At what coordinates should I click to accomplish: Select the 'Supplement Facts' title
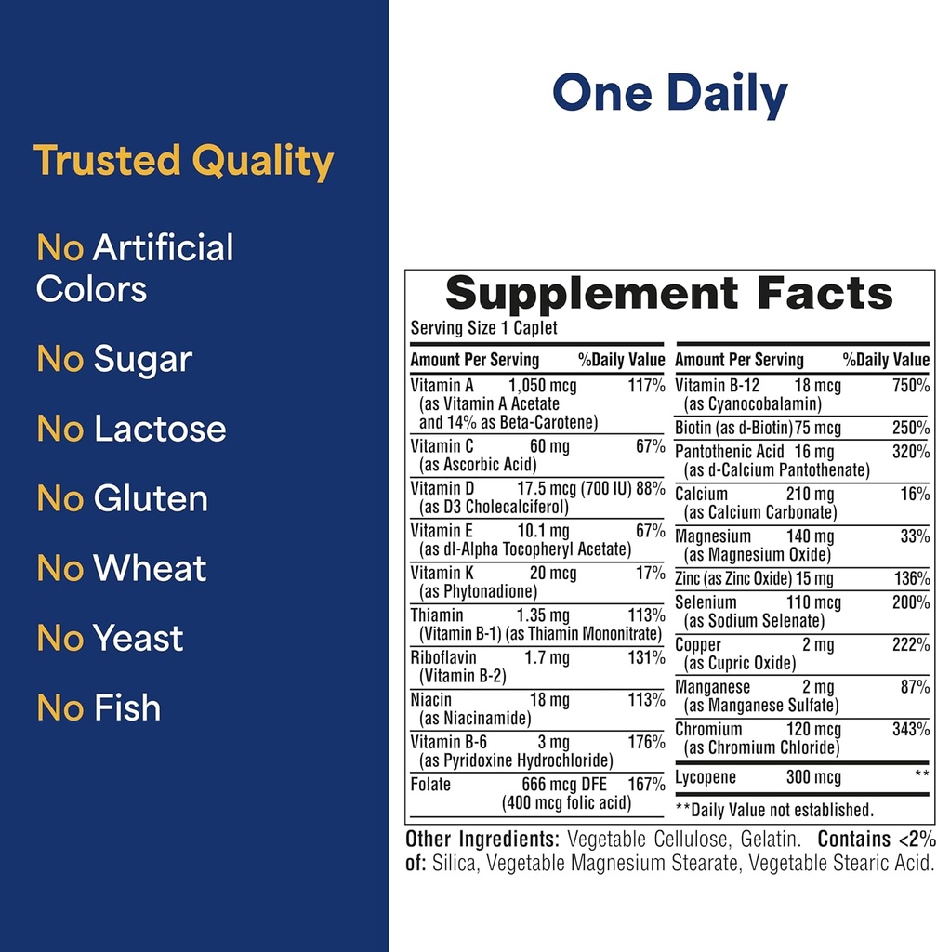coord(669,294)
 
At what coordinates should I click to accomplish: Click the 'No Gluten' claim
coord(122,499)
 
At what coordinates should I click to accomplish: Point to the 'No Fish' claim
coord(99,708)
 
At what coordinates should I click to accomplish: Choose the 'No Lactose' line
coord(131,430)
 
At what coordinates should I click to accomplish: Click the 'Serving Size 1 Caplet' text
coord(483,328)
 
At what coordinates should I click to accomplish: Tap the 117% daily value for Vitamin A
coord(646,386)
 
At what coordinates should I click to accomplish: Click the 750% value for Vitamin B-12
coord(911,386)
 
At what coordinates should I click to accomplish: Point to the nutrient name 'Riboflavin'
coord(443,658)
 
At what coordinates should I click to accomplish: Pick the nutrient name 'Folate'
coord(430,785)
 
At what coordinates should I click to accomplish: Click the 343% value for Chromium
coord(911,730)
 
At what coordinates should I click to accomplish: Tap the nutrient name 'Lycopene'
coord(706,778)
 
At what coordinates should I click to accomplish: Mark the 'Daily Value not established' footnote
coord(774,810)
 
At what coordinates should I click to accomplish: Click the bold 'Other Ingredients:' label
coord(482,840)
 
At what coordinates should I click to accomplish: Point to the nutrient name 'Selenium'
coord(706,602)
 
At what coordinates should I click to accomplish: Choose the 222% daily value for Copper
coord(911,645)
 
